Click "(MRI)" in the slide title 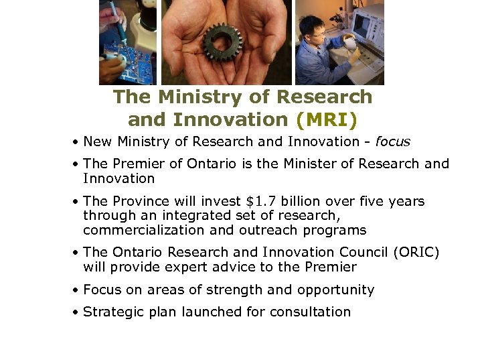[326, 119]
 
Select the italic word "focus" [392, 141]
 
